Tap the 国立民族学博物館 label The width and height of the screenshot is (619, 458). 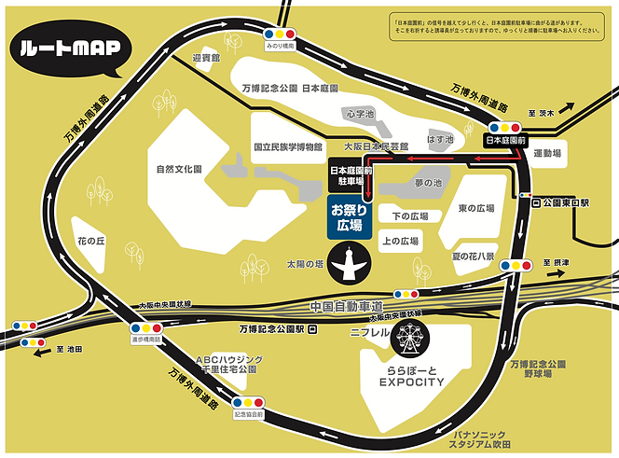[x=288, y=146]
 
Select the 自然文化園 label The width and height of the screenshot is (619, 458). [x=179, y=169]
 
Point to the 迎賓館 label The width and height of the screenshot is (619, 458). [x=204, y=58]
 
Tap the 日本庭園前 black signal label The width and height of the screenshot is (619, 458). [x=506, y=141]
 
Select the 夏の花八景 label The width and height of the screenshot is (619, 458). [x=475, y=255]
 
